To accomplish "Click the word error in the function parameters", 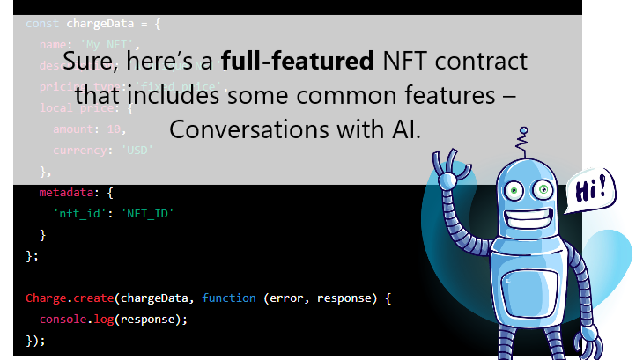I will pyautogui.click(x=284, y=298).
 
